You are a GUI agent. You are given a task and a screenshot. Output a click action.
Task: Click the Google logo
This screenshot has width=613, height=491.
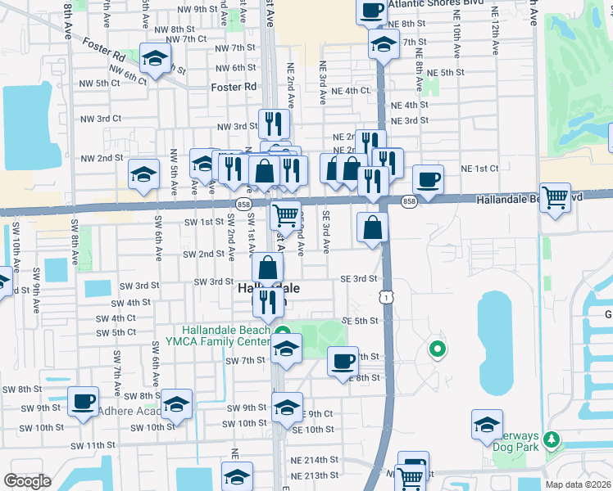coord(27,481)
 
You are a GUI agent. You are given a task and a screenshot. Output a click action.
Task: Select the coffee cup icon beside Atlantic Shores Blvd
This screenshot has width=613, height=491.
coord(372,10)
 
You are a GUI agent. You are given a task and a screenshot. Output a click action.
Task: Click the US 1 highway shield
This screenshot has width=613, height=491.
coord(385,299)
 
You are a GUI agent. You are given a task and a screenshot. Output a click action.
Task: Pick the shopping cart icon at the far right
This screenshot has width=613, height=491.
coord(556,196)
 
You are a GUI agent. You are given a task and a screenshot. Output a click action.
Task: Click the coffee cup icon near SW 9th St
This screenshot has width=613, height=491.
coord(83,401)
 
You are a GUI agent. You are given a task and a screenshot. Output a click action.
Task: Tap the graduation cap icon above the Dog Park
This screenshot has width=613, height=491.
coord(487,423)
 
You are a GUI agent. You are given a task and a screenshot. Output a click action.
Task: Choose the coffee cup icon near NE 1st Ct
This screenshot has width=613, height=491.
coord(428,178)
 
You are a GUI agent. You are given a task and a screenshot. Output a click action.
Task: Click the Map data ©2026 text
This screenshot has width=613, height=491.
coord(578,484)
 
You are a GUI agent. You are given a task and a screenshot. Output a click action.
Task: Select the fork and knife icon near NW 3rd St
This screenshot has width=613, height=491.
coord(274,124)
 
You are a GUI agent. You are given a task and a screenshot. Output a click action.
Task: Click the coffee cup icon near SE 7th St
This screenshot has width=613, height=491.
coord(343,360)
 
